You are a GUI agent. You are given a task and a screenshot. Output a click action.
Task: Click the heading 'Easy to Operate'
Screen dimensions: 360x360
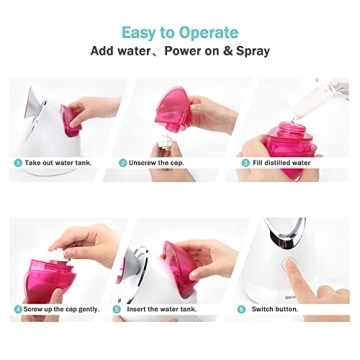coord(180,32)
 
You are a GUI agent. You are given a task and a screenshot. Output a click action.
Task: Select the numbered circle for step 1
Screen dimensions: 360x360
coord(18,162)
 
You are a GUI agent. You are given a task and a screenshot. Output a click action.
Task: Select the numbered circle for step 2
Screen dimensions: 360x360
coord(123,162)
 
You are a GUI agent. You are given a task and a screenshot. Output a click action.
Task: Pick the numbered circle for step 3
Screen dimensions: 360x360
coord(243,162)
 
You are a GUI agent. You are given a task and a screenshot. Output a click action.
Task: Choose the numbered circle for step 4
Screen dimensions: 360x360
coord(18,309)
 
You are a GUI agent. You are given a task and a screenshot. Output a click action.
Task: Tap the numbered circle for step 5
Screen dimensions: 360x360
coord(117,309)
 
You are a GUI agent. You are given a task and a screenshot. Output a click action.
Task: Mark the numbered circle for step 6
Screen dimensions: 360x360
coord(242,309)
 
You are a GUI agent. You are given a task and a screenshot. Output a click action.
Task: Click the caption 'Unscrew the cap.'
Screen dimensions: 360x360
coord(156,162)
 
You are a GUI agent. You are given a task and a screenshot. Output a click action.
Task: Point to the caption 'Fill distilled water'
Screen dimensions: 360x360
coord(283,162)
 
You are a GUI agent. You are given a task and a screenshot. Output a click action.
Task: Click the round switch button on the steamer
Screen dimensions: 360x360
coord(289,266)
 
